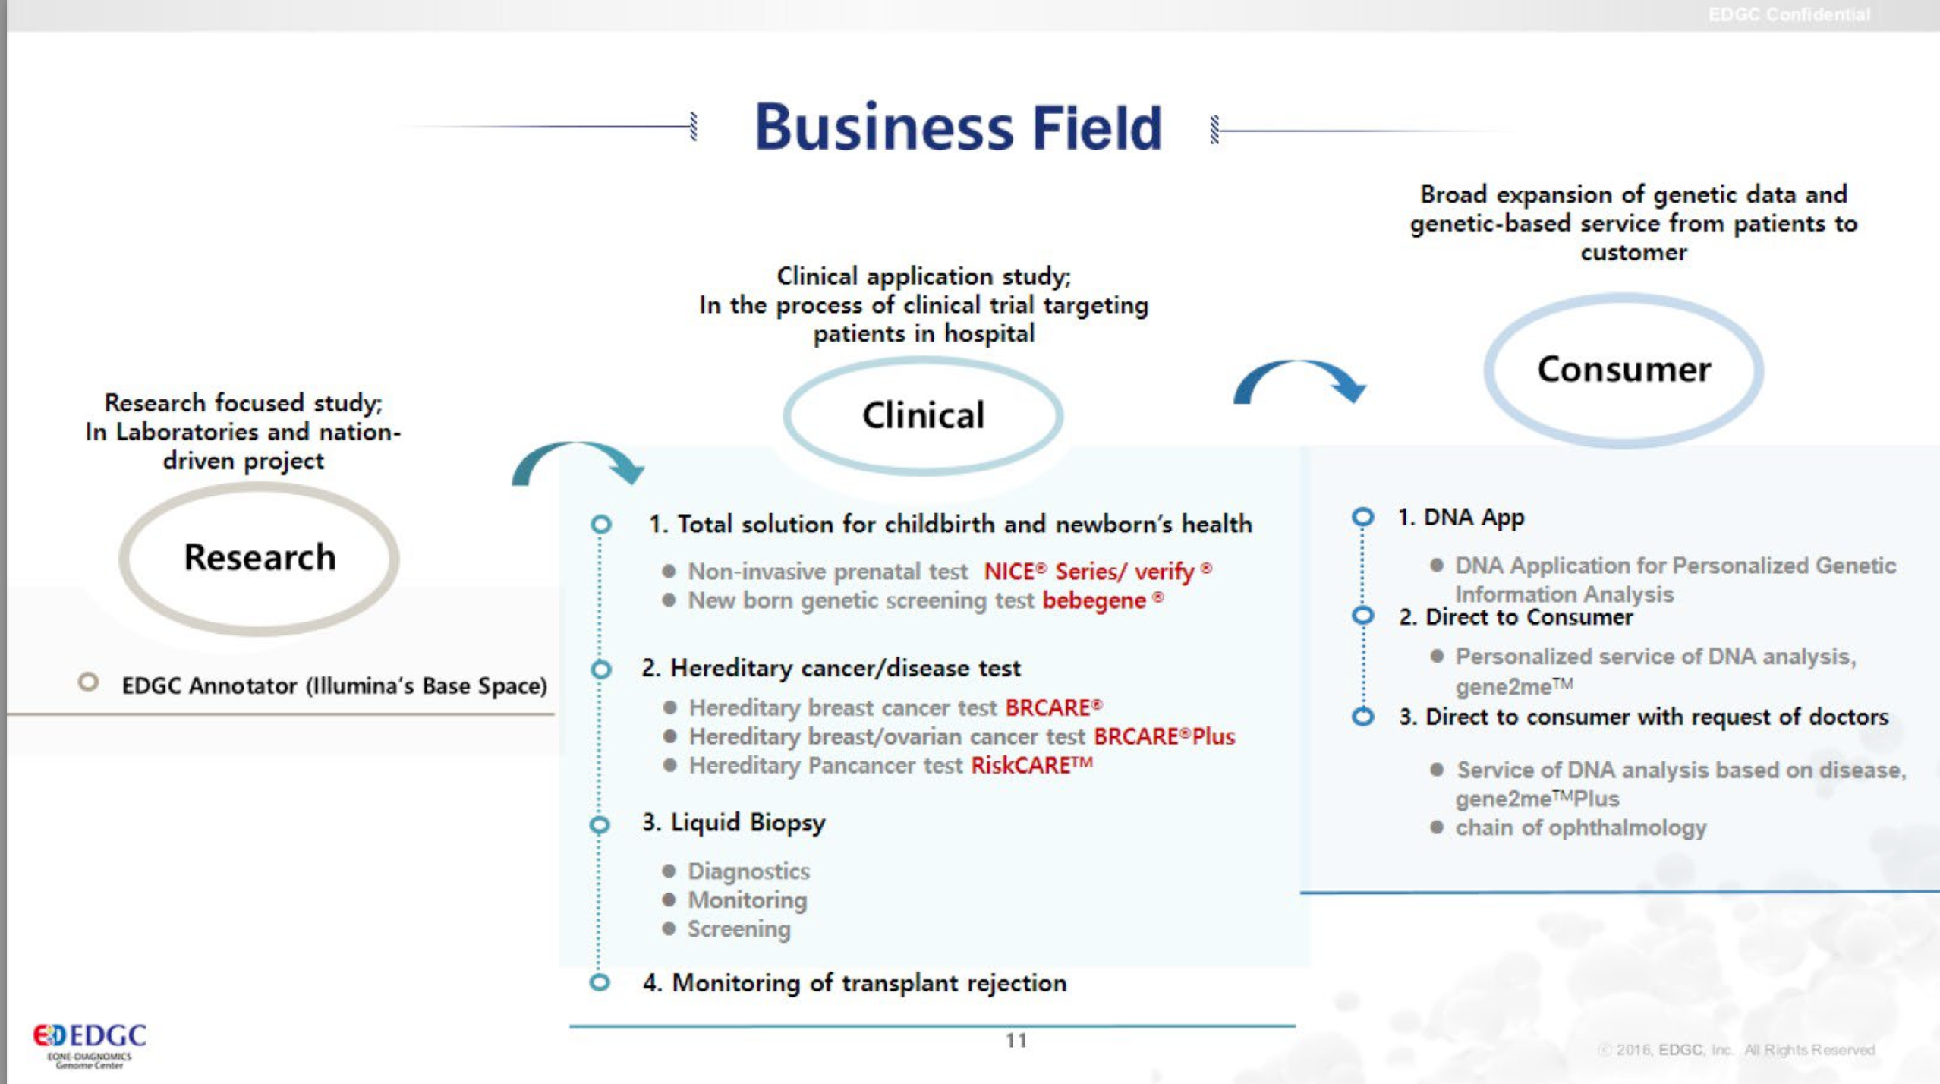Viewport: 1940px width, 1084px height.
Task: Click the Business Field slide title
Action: point(958,128)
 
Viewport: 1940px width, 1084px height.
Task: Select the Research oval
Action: point(259,558)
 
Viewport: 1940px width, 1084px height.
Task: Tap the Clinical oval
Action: point(923,415)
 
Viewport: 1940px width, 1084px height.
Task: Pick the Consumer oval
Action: point(1623,370)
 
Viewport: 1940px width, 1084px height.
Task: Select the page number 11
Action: point(1016,1041)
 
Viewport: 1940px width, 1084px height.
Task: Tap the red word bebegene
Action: point(1094,601)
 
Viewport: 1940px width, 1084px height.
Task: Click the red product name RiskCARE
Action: point(1031,765)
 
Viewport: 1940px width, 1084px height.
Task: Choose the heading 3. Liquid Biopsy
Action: point(733,823)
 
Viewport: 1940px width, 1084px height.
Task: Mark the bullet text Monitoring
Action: point(747,900)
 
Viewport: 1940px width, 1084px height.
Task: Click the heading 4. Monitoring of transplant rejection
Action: point(854,984)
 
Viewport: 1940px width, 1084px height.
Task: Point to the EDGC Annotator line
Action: point(334,686)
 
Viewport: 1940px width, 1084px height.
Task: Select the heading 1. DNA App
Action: point(1460,518)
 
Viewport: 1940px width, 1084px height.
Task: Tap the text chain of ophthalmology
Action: point(1580,828)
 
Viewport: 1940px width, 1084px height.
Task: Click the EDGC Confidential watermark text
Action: point(1789,15)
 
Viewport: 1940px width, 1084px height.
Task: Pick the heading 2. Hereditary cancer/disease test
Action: point(830,669)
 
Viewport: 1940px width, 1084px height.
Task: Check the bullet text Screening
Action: point(739,929)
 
